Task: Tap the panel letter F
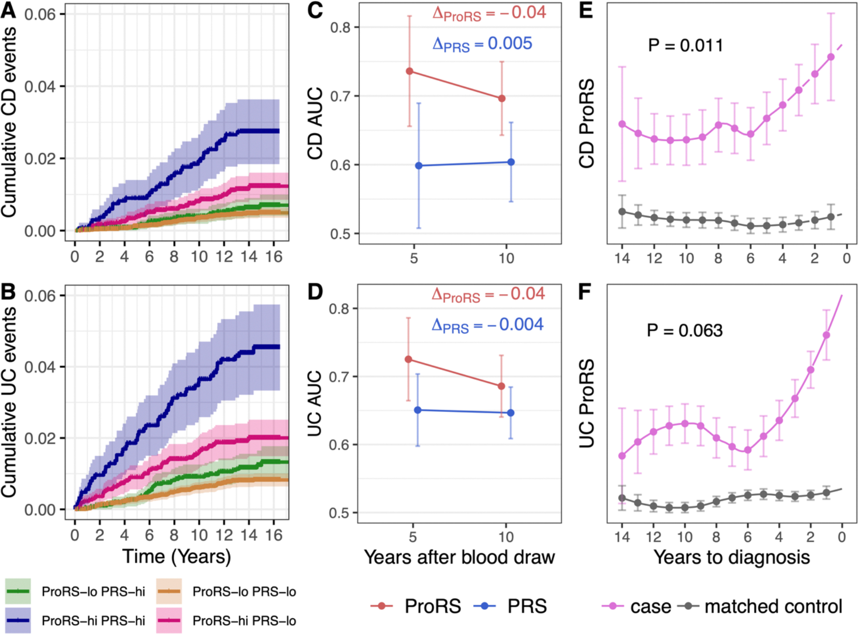coord(584,292)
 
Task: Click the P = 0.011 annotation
coord(685,46)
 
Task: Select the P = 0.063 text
coord(684,330)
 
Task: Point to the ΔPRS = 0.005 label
coord(482,44)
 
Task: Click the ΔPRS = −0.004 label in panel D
coord(487,325)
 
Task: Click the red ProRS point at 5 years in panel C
coord(410,71)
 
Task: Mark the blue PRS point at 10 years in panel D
coord(510,413)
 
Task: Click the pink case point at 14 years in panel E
coord(622,124)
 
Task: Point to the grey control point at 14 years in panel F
coord(622,498)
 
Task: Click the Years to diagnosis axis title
coord(731,557)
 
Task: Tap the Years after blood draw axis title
coord(459,557)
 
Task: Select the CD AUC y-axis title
coord(315,123)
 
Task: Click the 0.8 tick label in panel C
coord(340,28)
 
